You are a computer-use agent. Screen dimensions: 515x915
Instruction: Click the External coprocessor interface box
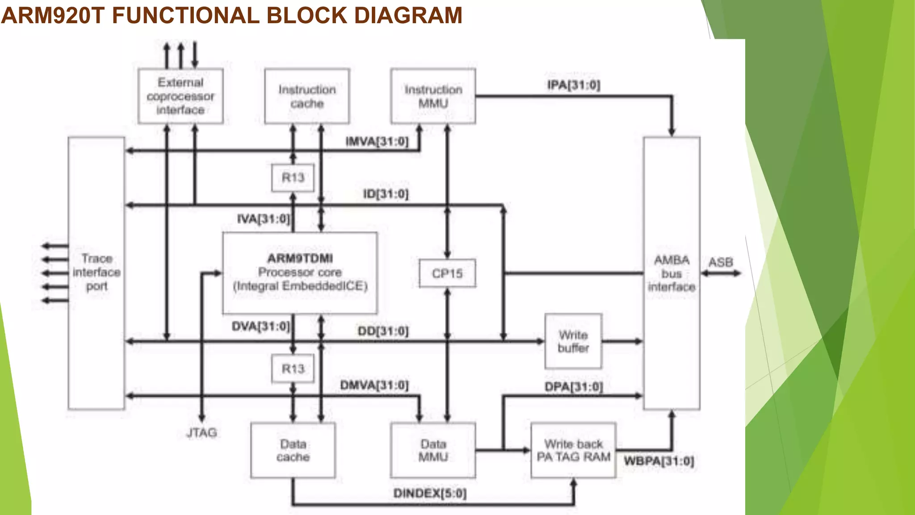tap(180, 96)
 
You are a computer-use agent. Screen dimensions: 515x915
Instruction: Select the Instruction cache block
tap(307, 96)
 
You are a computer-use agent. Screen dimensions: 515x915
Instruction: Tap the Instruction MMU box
tap(433, 96)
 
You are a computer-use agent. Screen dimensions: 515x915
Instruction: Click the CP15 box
tap(447, 273)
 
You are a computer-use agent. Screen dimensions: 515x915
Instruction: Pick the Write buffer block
tap(573, 341)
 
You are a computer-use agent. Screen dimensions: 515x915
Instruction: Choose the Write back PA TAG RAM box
tap(573, 450)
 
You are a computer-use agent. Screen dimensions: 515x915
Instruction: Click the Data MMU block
tap(433, 450)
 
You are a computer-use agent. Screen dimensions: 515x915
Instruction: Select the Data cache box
tap(293, 450)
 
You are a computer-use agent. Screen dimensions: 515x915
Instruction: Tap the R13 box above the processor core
tap(293, 177)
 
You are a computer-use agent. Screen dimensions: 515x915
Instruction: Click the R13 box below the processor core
tap(293, 369)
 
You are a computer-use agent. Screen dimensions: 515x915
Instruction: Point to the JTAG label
tap(201, 433)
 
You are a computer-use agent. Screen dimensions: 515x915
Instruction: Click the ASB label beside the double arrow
tap(721, 262)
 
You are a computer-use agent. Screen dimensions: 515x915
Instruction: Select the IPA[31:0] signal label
tap(574, 85)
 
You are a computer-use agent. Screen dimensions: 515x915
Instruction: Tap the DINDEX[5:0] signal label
tap(430, 494)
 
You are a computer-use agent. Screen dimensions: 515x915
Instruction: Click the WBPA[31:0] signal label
tap(659, 461)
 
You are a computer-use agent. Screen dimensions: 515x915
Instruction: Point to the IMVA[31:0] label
tap(377, 142)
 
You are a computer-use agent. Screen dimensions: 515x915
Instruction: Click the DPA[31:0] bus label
tap(574, 387)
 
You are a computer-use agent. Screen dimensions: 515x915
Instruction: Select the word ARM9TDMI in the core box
tap(300, 258)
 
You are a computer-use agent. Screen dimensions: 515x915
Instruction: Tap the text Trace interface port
tap(97, 272)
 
